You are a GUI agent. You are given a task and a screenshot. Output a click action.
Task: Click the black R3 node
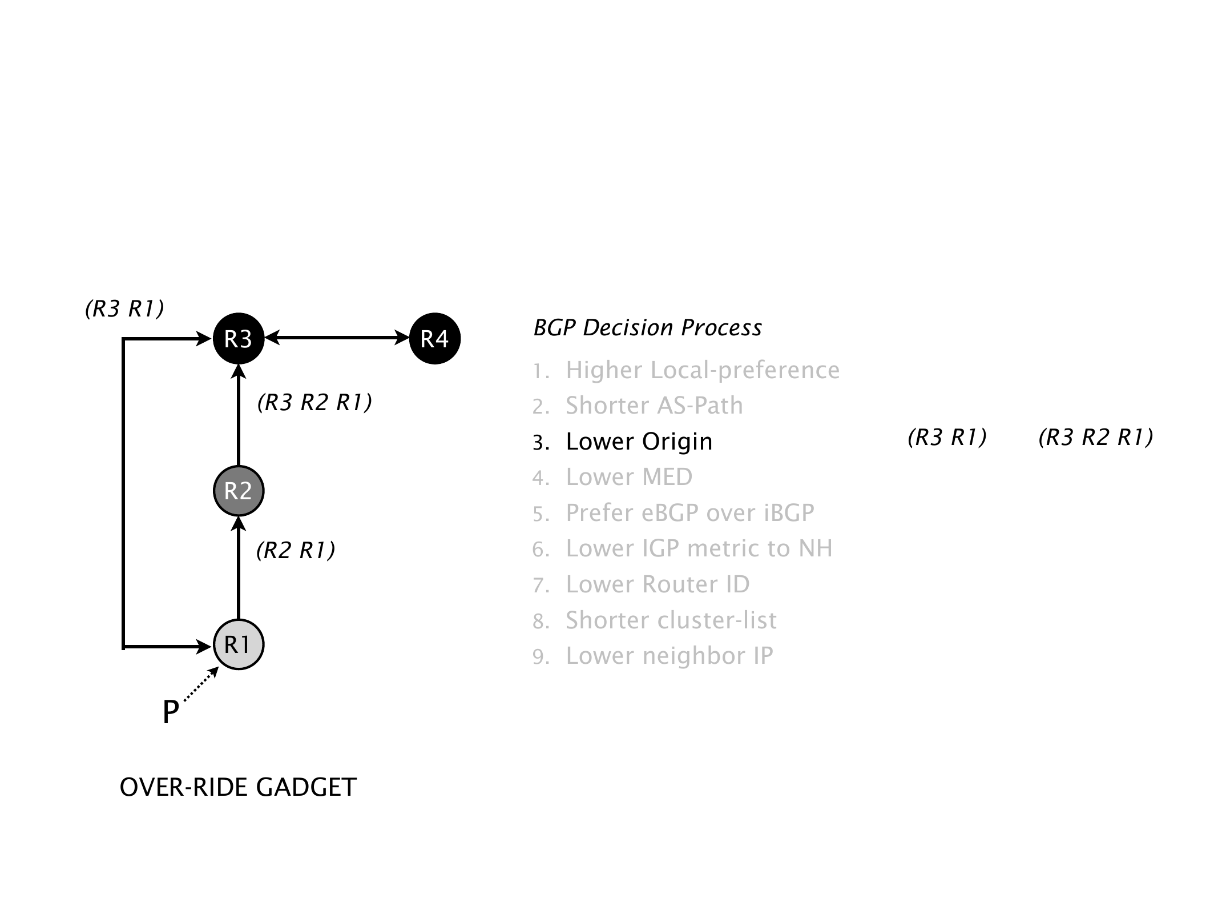[x=239, y=339]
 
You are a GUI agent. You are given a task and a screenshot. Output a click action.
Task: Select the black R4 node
[x=435, y=339]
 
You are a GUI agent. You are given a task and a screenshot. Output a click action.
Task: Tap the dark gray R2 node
[x=239, y=491]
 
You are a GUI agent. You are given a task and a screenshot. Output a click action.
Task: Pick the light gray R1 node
[x=239, y=644]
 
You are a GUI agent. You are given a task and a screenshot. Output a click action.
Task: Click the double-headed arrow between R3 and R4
[x=337, y=338]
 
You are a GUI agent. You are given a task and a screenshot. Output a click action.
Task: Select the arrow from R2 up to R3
[x=239, y=417]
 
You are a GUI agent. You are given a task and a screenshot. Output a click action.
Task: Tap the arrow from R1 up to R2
[x=239, y=568]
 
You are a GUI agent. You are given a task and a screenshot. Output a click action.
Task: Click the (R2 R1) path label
[x=296, y=550]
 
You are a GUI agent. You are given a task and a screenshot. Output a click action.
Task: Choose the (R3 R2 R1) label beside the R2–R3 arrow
[x=314, y=403]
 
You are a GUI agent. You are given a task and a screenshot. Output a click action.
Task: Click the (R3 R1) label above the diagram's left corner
[x=124, y=308]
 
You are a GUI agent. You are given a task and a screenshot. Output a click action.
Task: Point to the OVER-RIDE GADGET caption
[x=238, y=787]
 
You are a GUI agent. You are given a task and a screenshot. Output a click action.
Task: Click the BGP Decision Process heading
[x=647, y=328]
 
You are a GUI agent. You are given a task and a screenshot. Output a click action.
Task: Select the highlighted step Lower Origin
[x=639, y=442]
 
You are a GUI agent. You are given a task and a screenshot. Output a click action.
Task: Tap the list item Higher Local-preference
[x=702, y=370]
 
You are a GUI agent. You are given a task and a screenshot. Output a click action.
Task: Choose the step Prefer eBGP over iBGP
[x=689, y=513]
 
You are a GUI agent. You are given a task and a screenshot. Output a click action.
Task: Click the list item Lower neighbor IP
[x=669, y=656]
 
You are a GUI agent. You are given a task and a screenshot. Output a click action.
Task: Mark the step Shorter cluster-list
[x=671, y=620]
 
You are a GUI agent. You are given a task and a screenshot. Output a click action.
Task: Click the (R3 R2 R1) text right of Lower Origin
[x=1096, y=438]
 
